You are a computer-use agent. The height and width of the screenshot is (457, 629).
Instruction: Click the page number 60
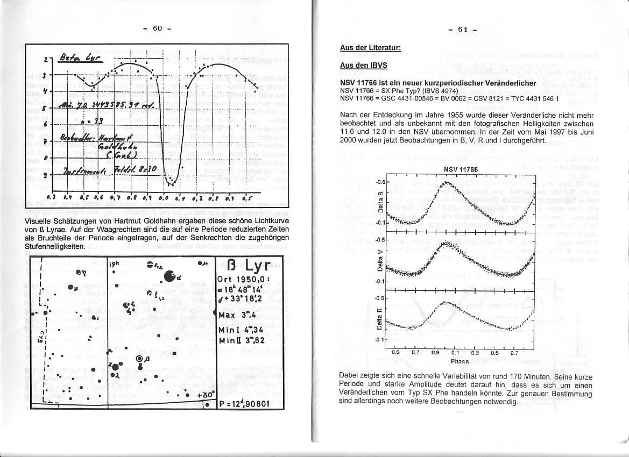[x=157, y=28]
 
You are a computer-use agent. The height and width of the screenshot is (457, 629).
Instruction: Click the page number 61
[x=463, y=30]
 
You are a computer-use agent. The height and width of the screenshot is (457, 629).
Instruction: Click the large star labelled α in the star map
[x=169, y=276]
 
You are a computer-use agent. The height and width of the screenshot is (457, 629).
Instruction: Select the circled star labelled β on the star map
[x=140, y=359]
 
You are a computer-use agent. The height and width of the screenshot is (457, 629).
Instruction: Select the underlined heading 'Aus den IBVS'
[x=363, y=65]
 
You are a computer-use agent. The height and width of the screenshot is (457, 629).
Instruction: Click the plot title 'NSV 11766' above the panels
[x=458, y=169]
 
